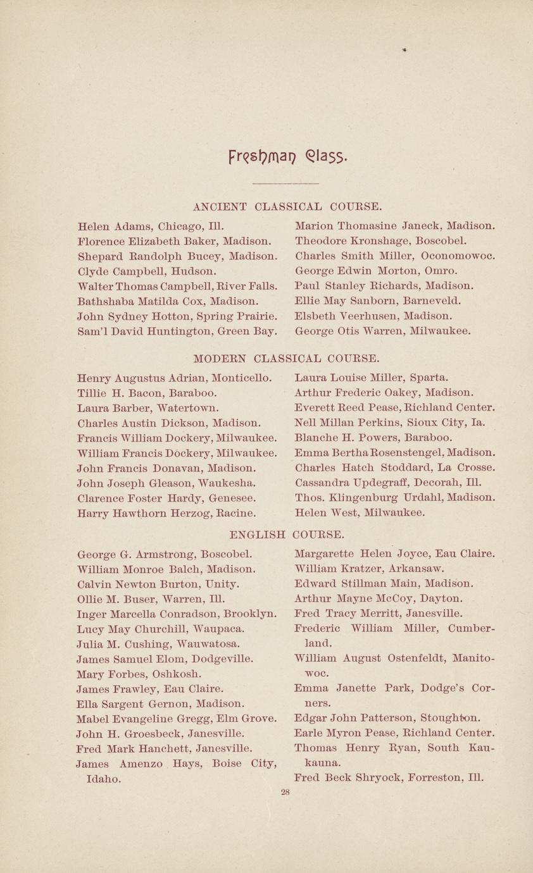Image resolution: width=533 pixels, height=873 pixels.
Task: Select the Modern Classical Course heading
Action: [x=286, y=359]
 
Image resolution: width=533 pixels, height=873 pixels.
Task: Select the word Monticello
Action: [x=242, y=378]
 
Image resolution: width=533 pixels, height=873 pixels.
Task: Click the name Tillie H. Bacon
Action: [x=120, y=393]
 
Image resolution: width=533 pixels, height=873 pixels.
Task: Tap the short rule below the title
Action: [x=285, y=183]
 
